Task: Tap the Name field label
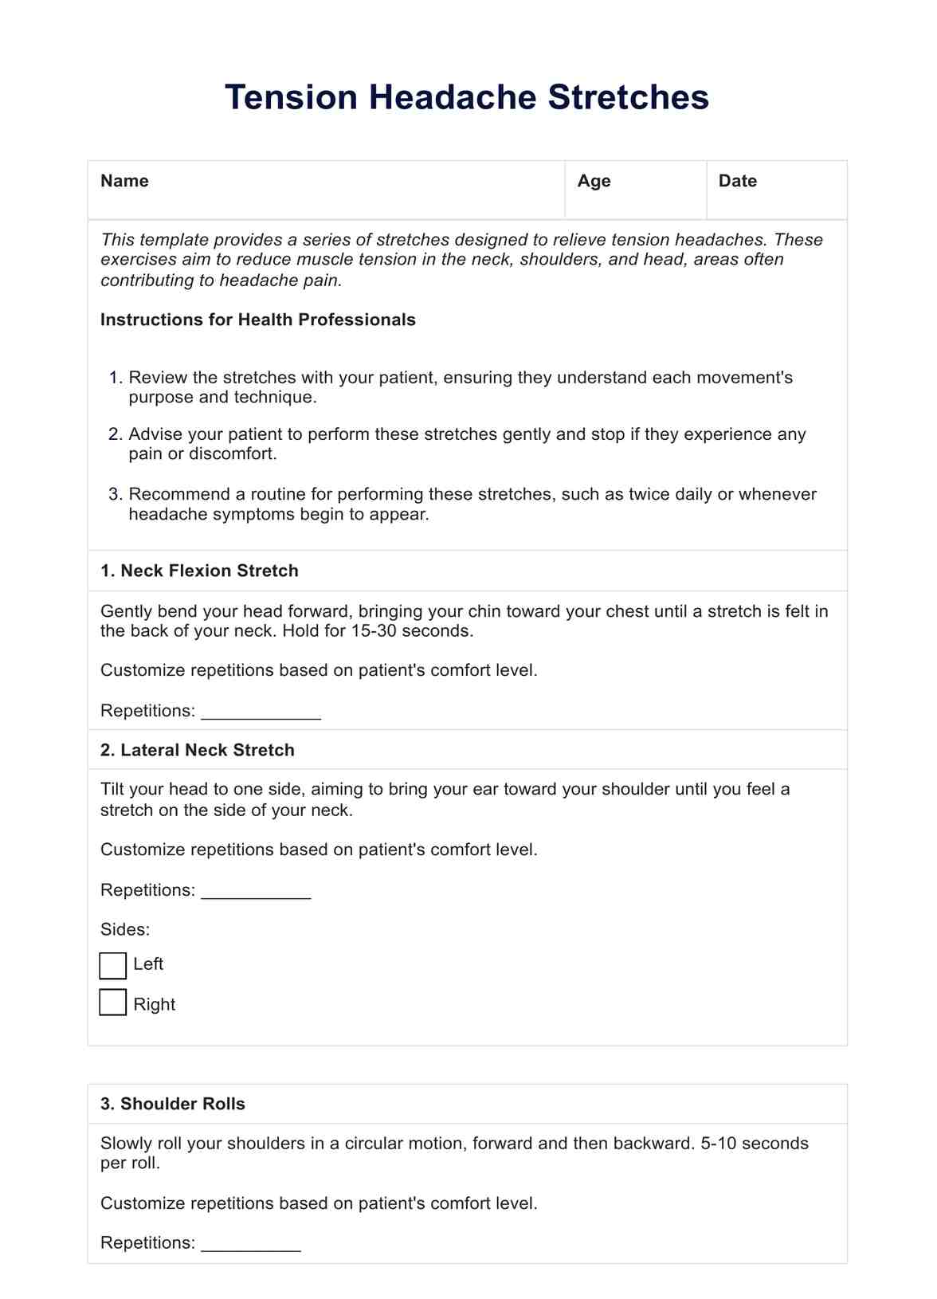[x=124, y=181]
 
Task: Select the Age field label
[x=594, y=181]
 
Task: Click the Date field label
[x=737, y=181]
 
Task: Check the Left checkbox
[x=113, y=965]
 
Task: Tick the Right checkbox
[x=113, y=1003]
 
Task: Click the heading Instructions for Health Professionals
[x=258, y=320]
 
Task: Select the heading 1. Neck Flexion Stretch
[x=199, y=571]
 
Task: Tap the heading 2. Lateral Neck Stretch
[x=198, y=750]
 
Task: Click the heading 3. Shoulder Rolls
[x=173, y=1104]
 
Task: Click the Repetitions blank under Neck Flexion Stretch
[x=261, y=712]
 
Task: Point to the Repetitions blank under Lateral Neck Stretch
[x=256, y=891]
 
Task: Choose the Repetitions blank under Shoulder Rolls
[x=251, y=1244]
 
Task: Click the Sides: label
[x=125, y=929]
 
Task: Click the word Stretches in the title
[x=628, y=97]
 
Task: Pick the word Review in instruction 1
[x=157, y=378]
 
